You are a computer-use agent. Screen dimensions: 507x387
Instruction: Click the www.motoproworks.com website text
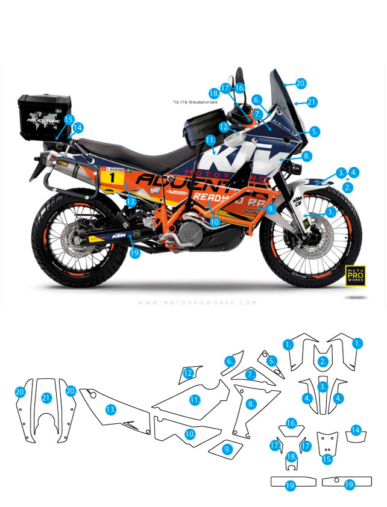(197, 303)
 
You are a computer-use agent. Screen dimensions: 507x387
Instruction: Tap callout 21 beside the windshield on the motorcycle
(311, 102)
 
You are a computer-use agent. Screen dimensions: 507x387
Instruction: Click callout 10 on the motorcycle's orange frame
(215, 222)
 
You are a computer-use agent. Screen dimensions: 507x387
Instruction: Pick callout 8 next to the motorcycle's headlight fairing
(306, 156)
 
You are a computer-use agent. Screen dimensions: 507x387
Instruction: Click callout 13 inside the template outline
(110, 409)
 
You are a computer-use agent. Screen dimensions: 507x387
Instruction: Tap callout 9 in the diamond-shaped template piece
(227, 449)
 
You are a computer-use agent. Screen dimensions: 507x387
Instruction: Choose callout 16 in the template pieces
(291, 423)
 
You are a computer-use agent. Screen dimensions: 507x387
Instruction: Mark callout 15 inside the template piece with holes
(327, 459)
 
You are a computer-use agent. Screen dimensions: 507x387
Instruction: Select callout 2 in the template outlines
(324, 361)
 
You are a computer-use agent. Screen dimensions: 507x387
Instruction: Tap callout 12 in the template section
(189, 373)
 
